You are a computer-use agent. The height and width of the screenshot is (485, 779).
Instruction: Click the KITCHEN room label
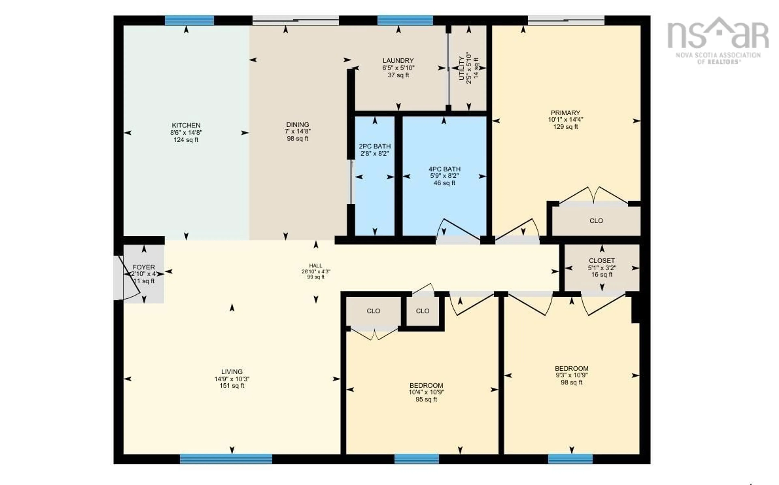186,125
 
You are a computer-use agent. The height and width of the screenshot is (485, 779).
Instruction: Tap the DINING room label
297,124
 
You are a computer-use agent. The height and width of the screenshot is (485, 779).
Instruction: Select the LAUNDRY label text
398,60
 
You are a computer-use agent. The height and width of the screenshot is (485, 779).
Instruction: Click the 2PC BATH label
374,146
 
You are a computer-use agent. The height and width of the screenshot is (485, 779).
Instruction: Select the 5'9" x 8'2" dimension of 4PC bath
444,176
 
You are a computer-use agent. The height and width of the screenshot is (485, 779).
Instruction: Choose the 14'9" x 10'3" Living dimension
232,379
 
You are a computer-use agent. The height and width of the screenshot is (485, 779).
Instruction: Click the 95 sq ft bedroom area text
426,399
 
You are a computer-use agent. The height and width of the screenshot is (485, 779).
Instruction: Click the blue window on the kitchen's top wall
189,20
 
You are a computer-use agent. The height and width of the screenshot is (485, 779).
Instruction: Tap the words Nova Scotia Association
718,55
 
